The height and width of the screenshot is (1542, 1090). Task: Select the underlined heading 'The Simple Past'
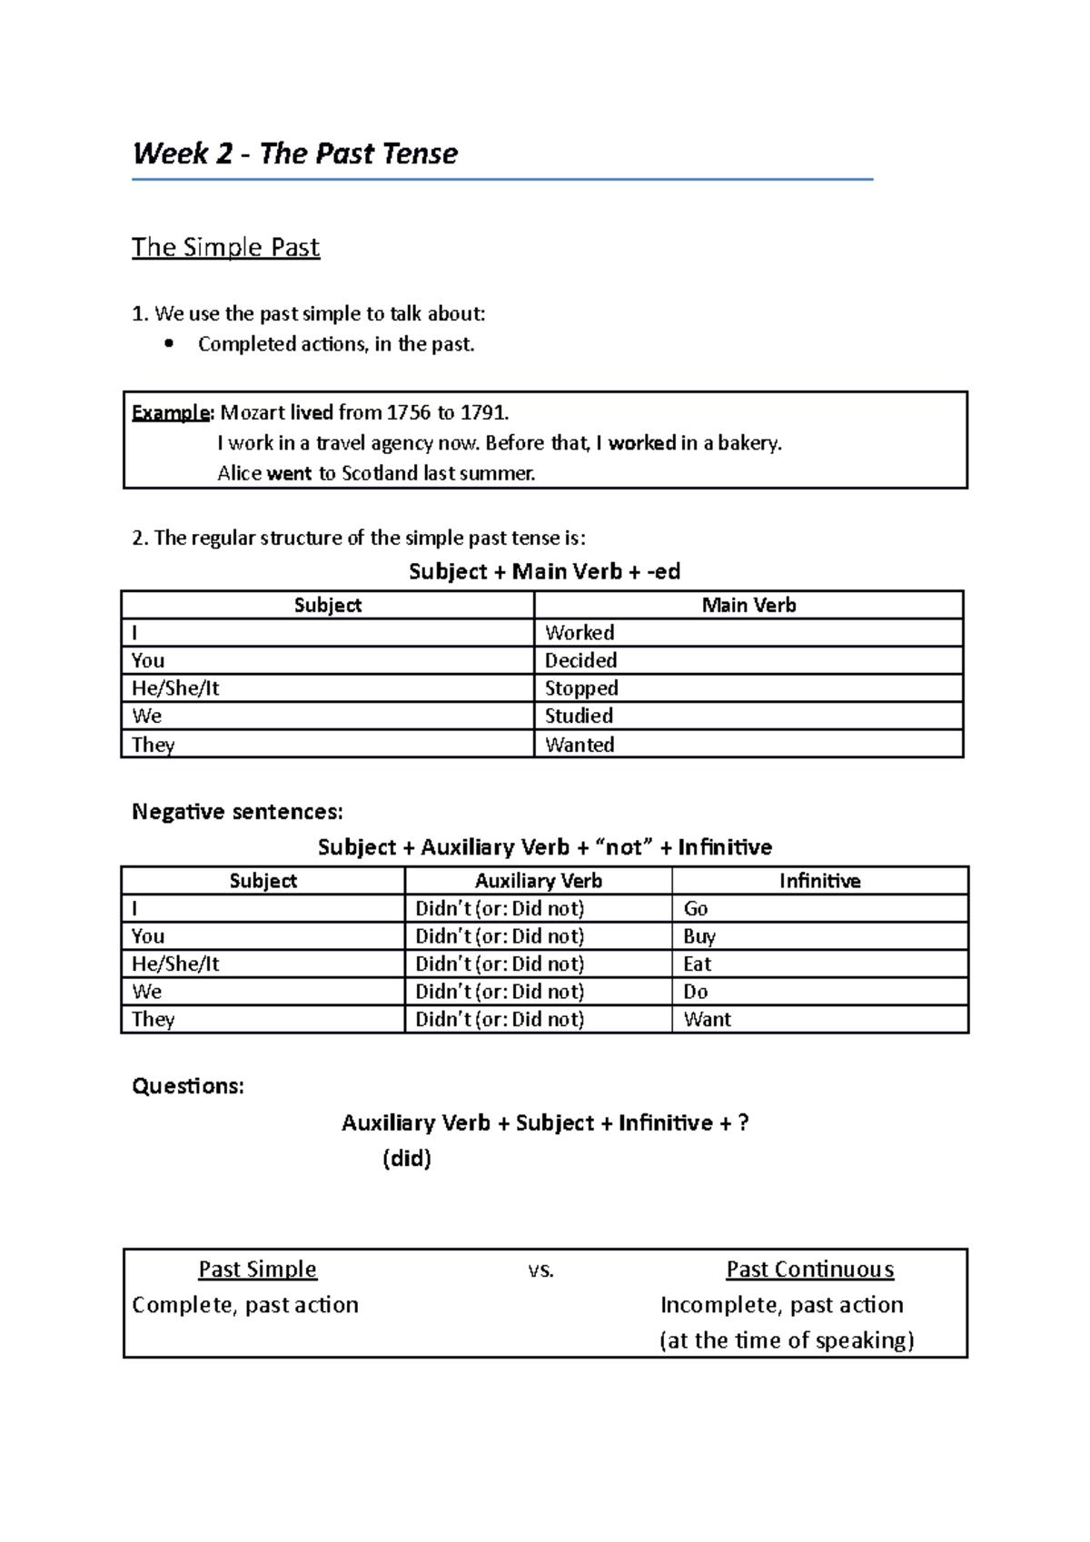pyautogui.click(x=225, y=247)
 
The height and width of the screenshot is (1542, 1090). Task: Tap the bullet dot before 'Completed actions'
pyautogui.click(x=168, y=344)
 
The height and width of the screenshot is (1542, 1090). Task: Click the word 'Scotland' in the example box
pyautogui.click(x=374, y=473)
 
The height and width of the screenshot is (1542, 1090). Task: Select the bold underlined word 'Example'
pyautogui.click(x=171, y=413)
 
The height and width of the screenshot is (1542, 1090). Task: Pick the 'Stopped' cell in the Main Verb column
pyautogui.click(x=581, y=688)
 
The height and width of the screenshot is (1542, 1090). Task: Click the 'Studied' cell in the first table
pyautogui.click(x=579, y=716)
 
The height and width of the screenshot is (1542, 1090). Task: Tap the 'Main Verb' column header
pyautogui.click(x=748, y=605)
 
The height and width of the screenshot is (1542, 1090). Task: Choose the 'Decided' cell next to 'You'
pyautogui.click(x=580, y=660)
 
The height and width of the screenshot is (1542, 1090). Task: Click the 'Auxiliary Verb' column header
pyautogui.click(x=538, y=881)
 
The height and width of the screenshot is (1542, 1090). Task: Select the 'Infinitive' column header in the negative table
pyautogui.click(x=819, y=881)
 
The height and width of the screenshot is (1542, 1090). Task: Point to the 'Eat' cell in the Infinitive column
pyautogui.click(x=698, y=964)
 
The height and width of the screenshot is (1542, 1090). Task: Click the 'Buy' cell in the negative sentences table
pyautogui.click(x=699, y=936)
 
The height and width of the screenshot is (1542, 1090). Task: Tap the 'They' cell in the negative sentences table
pyautogui.click(x=153, y=1019)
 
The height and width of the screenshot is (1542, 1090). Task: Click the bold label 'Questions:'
pyautogui.click(x=188, y=1086)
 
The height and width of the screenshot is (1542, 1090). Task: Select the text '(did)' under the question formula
pyautogui.click(x=406, y=1159)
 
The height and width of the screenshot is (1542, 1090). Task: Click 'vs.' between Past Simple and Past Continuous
pyautogui.click(x=540, y=1270)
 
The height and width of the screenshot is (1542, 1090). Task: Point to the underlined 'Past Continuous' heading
pyautogui.click(x=809, y=1270)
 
